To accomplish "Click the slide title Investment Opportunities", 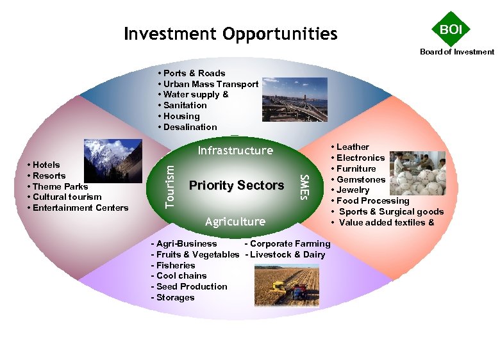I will (x=231, y=33).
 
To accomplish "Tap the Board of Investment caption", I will (x=457, y=52).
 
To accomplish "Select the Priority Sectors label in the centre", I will (x=237, y=185).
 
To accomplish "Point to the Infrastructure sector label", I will (x=235, y=151).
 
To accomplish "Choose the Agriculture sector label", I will (x=235, y=222).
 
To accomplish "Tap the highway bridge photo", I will (x=294, y=99).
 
